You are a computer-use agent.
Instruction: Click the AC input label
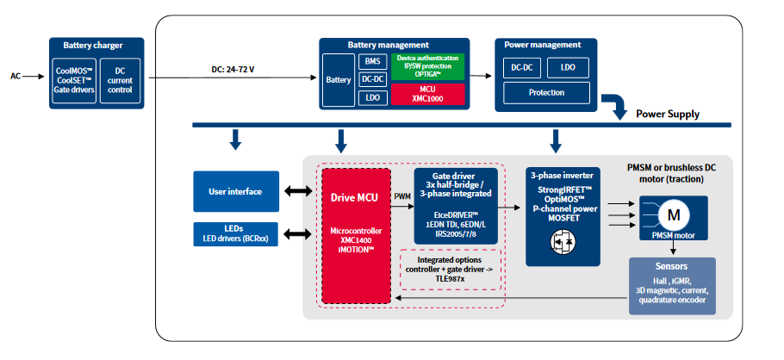click(15, 76)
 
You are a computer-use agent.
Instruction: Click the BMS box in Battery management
click(372, 61)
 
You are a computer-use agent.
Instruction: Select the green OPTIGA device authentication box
click(427, 65)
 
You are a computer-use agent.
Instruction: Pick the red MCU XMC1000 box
click(427, 94)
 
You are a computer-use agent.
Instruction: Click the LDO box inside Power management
click(568, 67)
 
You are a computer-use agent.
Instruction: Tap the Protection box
click(546, 92)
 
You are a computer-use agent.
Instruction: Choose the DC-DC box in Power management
click(520, 67)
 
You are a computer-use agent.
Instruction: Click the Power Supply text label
click(668, 114)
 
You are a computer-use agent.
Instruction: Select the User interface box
click(236, 190)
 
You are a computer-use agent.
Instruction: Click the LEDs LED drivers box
click(236, 233)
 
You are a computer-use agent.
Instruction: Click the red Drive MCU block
click(355, 233)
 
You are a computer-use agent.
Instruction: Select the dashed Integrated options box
click(448, 269)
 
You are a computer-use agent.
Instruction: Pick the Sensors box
click(671, 285)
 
